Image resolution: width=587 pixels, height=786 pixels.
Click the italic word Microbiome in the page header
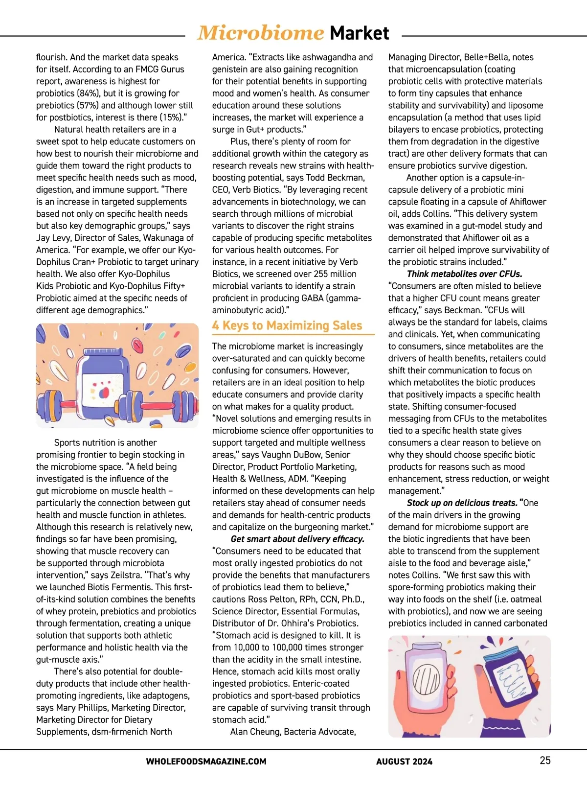[x=260, y=33]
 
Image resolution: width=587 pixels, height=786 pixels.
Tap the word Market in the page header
[x=360, y=33]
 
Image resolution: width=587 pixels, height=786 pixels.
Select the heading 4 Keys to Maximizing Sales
[x=287, y=325]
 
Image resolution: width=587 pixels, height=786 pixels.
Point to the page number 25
[x=545, y=760]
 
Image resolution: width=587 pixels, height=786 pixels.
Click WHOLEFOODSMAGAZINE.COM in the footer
[x=206, y=762]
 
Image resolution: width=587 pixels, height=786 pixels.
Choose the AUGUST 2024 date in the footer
[x=404, y=762]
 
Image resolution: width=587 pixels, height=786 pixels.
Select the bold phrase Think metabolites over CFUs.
[x=464, y=274]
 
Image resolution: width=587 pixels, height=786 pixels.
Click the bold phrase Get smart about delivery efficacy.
[x=297, y=539]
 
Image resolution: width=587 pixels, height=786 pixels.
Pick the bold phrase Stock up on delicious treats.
[x=462, y=503]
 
